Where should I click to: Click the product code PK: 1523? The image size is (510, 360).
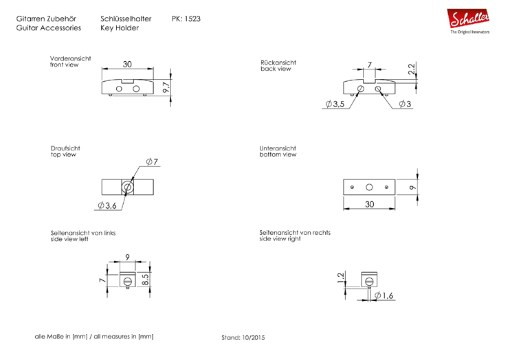click(186, 19)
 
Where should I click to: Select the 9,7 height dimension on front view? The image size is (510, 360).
click(166, 87)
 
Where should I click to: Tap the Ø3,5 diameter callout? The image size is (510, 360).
click(335, 104)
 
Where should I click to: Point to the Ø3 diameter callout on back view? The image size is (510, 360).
click(405, 104)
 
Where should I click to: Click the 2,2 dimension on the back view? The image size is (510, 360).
click(412, 69)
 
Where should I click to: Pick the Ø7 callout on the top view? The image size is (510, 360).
click(152, 161)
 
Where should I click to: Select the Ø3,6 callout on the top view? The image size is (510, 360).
click(107, 205)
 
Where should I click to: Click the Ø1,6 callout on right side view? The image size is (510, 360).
click(384, 295)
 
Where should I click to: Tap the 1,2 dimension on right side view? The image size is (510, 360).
click(340, 278)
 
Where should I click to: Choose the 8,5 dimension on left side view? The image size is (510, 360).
click(145, 280)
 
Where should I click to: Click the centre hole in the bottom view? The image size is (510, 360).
click(369, 187)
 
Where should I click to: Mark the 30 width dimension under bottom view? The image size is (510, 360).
click(370, 204)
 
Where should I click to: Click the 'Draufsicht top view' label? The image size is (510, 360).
click(65, 151)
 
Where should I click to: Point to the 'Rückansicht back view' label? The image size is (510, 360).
click(278, 65)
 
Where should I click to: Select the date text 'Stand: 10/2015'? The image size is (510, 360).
click(243, 338)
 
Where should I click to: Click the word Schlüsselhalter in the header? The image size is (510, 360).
click(126, 19)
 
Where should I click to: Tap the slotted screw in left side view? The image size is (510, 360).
click(128, 280)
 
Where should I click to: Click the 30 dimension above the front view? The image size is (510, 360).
click(127, 65)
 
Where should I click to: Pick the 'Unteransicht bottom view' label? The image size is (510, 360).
click(278, 151)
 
